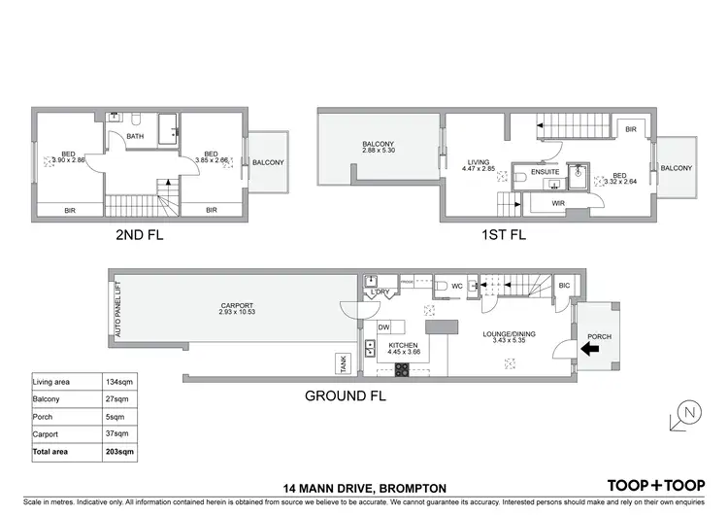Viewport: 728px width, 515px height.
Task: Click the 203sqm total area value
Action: pos(120,452)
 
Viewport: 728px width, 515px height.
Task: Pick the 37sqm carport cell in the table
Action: pos(117,434)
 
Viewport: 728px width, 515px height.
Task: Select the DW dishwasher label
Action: pos(383,326)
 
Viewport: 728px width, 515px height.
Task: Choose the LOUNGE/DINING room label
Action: pos(510,334)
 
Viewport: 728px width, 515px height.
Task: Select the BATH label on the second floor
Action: pos(135,136)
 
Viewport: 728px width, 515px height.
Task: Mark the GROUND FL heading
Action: pos(347,395)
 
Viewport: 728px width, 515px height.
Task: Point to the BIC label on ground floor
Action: pos(564,285)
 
